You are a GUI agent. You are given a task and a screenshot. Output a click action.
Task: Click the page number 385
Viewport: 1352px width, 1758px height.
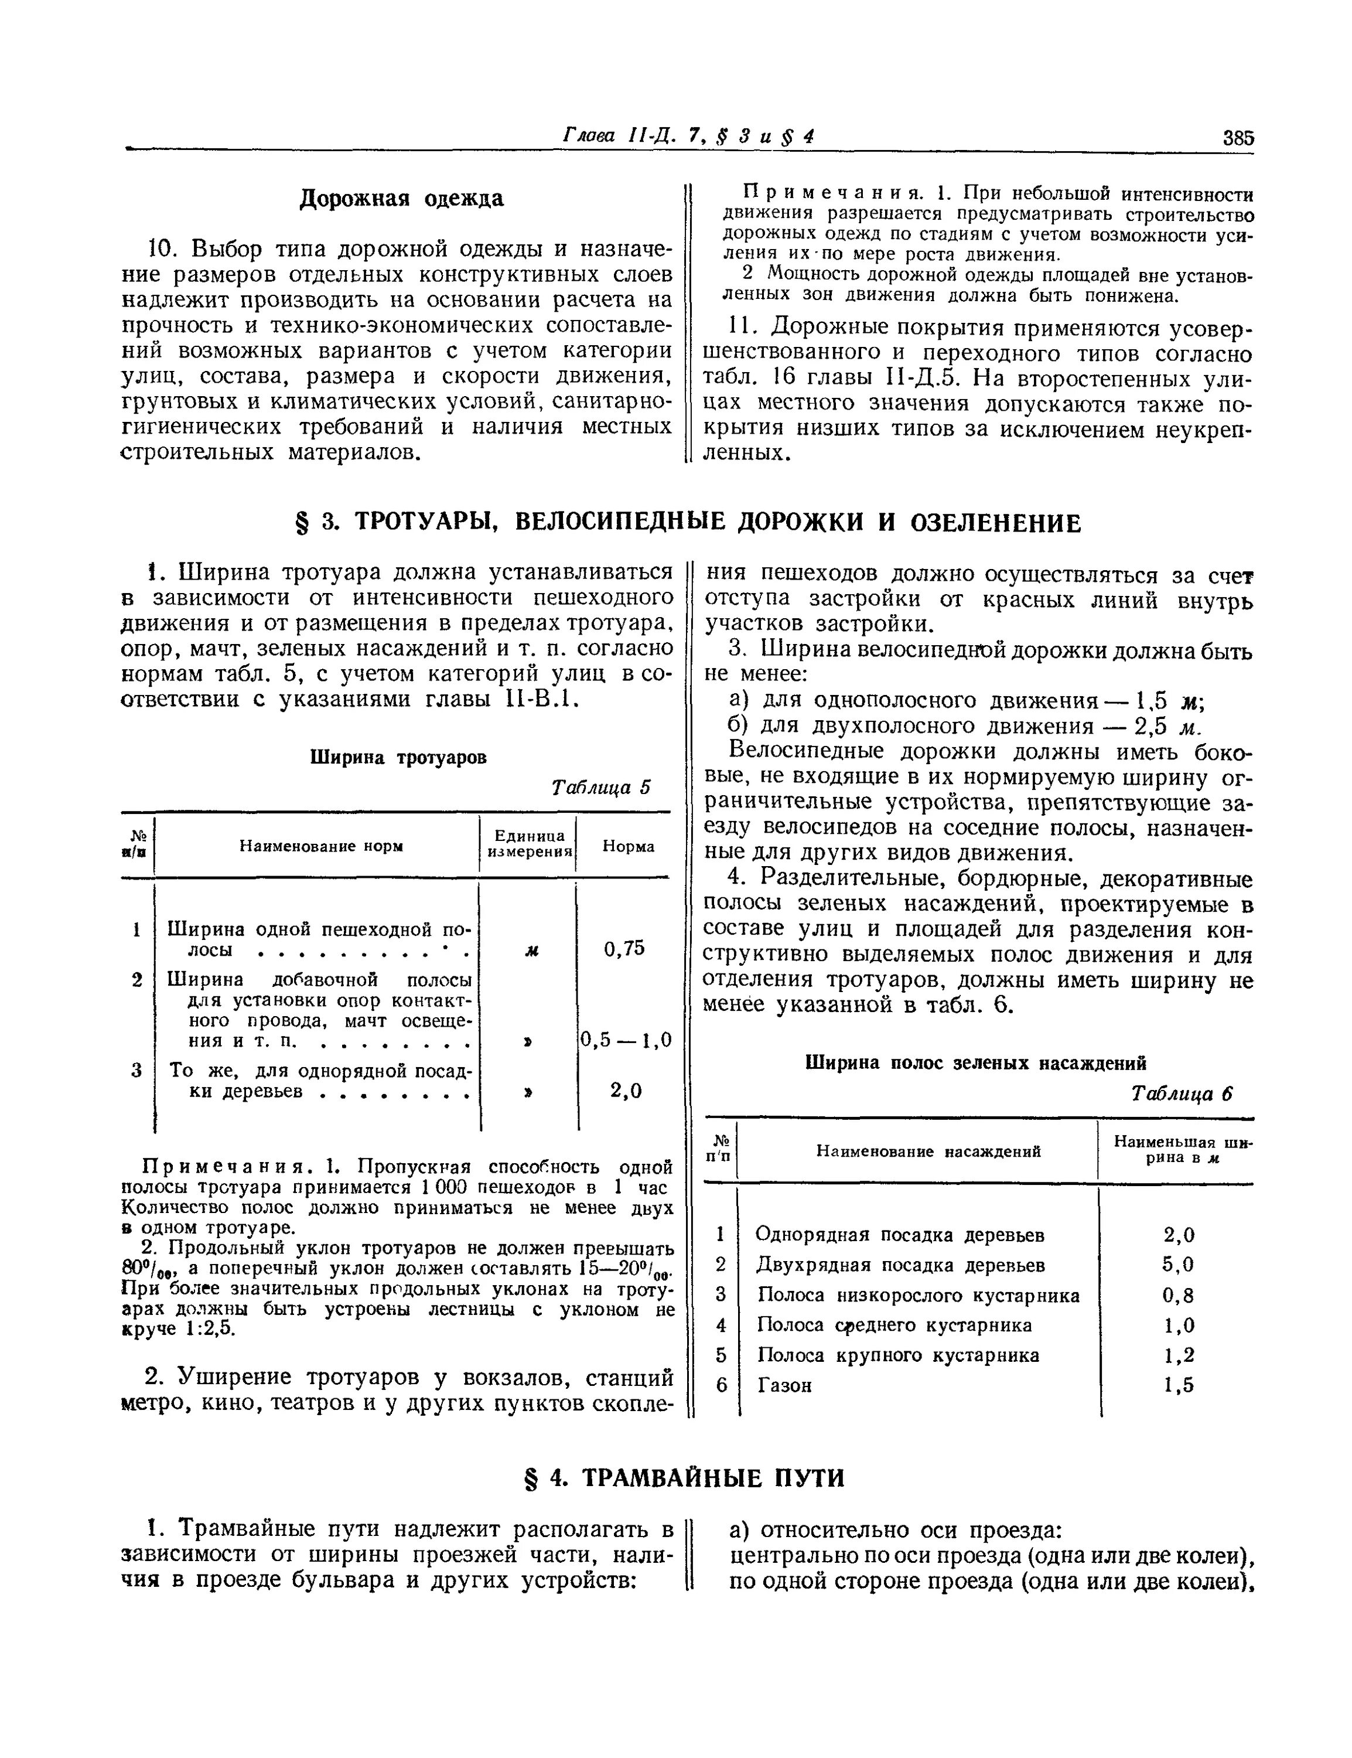click(1238, 138)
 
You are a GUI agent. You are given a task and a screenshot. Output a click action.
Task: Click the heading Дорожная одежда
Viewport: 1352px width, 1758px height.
click(402, 198)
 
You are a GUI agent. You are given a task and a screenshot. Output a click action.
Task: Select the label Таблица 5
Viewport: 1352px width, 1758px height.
click(600, 786)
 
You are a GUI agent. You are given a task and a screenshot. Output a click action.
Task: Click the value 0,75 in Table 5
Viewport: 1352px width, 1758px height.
click(624, 949)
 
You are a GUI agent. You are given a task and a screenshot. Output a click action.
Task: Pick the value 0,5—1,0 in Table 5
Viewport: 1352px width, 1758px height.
click(625, 1041)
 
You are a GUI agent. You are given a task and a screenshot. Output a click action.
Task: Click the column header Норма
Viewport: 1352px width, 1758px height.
click(628, 846)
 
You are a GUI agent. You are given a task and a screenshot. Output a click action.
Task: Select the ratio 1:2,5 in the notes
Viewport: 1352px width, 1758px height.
click(210, 1329)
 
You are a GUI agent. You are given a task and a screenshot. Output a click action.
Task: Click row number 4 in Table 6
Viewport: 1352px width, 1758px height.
click(721, 1325)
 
